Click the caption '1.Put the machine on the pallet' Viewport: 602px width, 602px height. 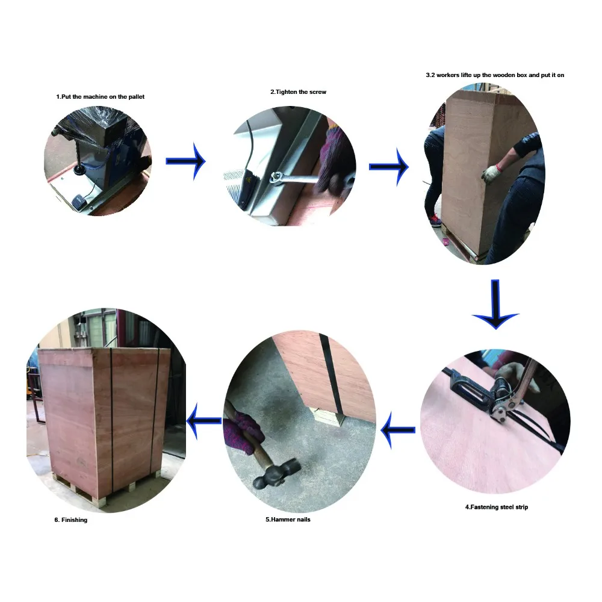pos(101,96)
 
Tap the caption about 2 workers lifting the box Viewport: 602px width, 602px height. pos(494,75)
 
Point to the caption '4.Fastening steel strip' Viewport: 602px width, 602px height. pos(496,507)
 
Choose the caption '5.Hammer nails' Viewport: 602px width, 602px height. pos(288,519)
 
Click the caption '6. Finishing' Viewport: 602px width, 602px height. pos(70,520)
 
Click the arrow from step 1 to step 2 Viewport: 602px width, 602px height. pos(186,161)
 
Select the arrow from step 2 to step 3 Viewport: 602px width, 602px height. pos(389,166)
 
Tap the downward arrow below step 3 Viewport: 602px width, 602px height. pos(495,304)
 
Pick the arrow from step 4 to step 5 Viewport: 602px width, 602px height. pos(398,430)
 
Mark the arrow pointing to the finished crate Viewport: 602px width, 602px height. pos(204,420)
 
